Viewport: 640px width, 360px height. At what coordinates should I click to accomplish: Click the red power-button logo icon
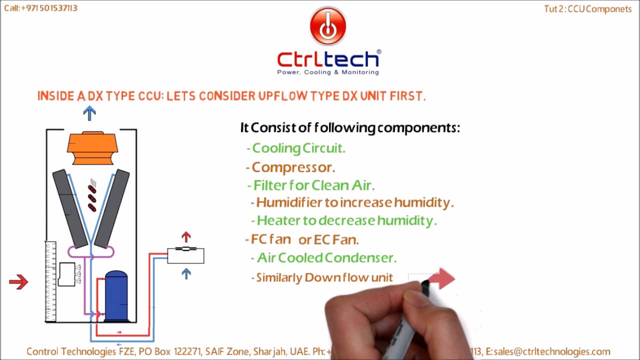click(328, 26)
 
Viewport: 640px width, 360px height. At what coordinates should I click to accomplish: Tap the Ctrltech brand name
click(328, 59)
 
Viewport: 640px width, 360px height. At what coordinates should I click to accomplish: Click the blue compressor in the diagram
click(116, 296)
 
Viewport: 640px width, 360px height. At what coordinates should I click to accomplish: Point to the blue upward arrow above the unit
click(89, 112)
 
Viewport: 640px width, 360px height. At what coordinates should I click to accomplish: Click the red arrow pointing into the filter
click(18, 282)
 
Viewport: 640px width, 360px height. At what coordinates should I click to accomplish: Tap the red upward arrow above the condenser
click(186, 236)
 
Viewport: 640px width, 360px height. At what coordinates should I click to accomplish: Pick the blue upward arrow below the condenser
click(186, 273)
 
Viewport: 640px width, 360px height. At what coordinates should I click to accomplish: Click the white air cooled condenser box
click(185, 255)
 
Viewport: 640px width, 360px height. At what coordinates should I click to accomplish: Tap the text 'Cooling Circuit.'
click(298, 148)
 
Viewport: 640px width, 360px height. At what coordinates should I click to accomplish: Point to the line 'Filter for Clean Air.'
click(313, 185)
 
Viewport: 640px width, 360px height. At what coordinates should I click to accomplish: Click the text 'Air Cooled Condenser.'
click(326, 258)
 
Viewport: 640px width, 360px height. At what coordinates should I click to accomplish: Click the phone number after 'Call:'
click(49, 8)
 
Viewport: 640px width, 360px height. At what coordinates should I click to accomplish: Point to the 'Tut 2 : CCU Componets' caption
click(588, 9)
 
